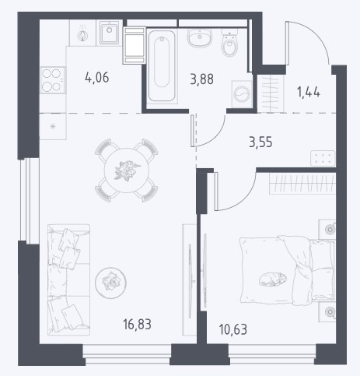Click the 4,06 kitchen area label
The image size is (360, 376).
click(97, 78)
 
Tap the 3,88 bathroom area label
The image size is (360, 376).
click(202, 79)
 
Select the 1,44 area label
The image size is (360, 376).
click(309, 92)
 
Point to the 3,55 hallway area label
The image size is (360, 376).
click(260, 142)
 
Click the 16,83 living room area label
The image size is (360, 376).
click(138, 325)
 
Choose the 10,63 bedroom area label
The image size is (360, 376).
click(233, 329)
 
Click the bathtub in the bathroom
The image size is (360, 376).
click(162, 66)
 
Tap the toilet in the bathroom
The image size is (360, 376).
click(229, 42)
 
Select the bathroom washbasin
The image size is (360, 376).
click(200, 37)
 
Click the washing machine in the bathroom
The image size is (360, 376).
click(242, 93)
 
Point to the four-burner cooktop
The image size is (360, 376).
click(52, 80)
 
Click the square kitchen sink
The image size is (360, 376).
click(109, 33)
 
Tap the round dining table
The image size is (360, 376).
click(127, 170)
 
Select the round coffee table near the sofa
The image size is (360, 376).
click(110, 282)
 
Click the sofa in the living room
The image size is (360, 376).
click(68, 279)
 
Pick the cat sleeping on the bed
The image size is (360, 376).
click(273, 279)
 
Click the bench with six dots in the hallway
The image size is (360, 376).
click(323, 158)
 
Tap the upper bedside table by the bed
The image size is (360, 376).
click(327, 230)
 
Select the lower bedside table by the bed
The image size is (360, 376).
click(327, 311)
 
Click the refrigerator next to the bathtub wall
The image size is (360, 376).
click(134, 45)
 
